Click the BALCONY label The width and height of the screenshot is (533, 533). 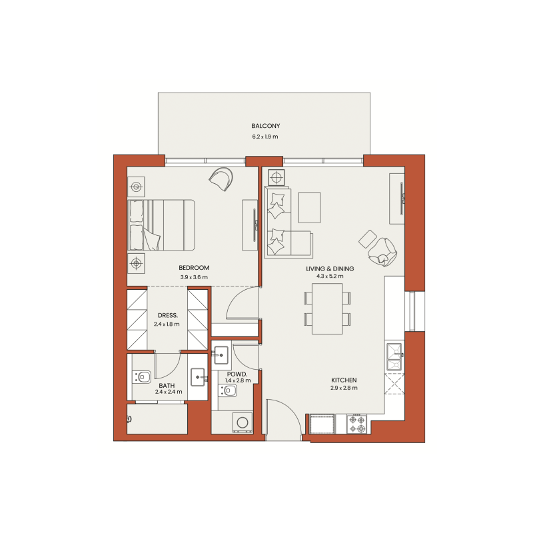(265, 126)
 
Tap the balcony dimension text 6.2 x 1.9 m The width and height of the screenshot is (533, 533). (265, 137)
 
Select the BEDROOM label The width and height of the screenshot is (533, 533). (194, 268)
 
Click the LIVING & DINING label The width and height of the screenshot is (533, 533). (330, 268)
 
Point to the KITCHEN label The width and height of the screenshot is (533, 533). (344, 379)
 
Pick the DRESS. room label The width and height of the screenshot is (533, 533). (167, 316)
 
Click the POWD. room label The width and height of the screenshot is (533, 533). (237, 375)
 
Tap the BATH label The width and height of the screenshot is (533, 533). (167, 385)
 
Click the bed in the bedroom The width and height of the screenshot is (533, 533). (161, 225)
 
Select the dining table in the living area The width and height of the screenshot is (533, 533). (326, 308)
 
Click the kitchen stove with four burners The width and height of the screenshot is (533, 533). (356, 424)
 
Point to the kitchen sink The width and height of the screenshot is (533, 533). (394, 356)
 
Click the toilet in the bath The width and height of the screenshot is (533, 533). (142, 377)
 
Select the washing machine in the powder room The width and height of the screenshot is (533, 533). (242, 422)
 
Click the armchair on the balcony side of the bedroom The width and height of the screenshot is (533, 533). (221, 178)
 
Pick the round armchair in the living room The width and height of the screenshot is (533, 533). (384, 250)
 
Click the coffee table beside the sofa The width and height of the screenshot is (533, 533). (309, 207)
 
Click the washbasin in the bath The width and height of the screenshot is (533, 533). (198, 378)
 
